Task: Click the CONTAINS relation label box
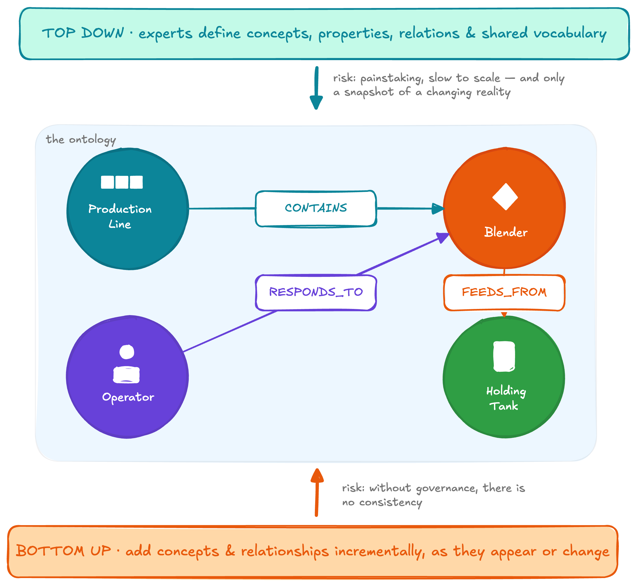tap(316, 209)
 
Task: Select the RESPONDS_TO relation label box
tap(316, 292)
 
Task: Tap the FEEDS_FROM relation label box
tap(504, 292)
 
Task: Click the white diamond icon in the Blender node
tap(505, 197)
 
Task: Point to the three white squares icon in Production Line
tap(122, 182)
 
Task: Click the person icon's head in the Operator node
tap(127, 352)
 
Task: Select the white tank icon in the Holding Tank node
tap(504, 357)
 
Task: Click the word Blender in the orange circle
tap(506, 232)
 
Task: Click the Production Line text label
tap(120, 216)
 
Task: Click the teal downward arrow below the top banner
tap(316, 88)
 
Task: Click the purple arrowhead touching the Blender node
tap(443, 237)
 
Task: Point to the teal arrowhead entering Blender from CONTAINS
tap(438, 209)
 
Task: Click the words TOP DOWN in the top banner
tap(83, 33)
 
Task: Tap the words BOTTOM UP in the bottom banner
tap(64, 551)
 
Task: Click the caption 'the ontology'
tap(81, 140)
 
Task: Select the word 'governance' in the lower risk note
tap(447, 489)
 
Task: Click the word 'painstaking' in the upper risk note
tap(392, 79)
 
